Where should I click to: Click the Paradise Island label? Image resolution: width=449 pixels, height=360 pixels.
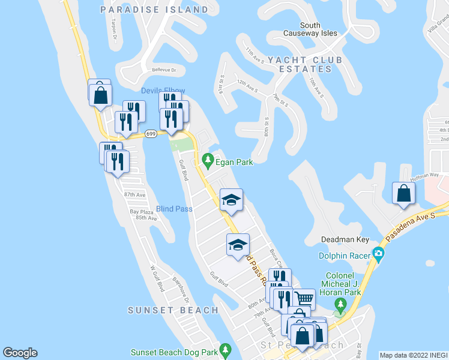(154, 10)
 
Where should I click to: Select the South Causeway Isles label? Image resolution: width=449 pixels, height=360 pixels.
(318, 29)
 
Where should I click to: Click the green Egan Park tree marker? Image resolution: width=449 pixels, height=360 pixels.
(208, 160)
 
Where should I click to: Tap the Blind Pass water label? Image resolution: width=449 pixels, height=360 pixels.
(174, 209)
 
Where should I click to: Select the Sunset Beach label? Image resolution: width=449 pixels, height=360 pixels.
(173, 310)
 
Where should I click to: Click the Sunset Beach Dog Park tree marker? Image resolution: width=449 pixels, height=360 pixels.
(225, 349)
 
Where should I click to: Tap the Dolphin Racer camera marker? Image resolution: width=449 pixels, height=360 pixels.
(378, 253)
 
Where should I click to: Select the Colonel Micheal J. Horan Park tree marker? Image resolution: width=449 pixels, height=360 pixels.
(340, 306)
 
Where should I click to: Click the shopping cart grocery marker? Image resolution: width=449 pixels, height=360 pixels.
(304, 298)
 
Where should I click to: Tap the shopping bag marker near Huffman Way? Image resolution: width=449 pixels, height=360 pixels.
(403, 194)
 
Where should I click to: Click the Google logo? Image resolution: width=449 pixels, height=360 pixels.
(20, 353)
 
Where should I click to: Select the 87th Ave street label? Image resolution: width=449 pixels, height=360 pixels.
(135, 195)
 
